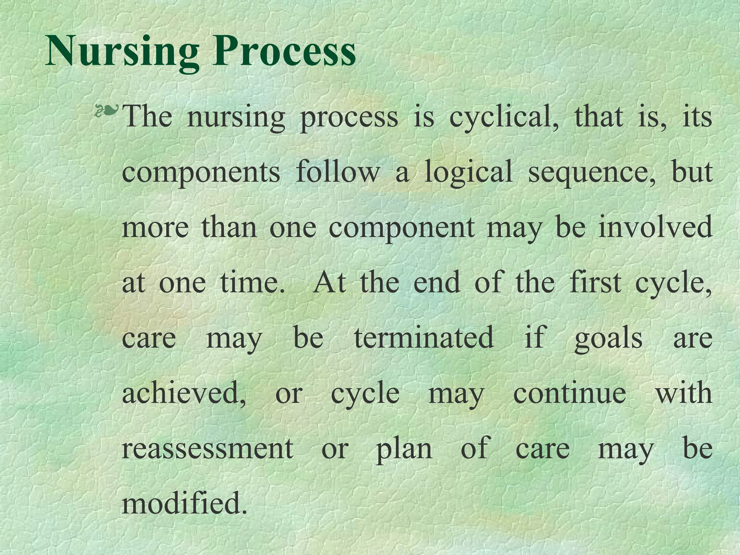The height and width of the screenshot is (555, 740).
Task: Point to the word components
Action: [201, 173]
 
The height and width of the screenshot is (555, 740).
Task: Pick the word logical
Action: [468, 173]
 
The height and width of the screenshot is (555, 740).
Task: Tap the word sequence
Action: [592, 173]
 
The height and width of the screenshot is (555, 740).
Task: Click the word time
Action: [252, 282]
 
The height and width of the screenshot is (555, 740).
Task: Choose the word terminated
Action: [424, 337]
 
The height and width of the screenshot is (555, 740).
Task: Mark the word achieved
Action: [184, 393]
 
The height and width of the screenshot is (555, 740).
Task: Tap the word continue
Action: [569, 393]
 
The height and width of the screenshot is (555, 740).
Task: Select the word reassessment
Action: [207, 448]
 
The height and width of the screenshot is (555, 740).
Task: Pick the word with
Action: [684, 393]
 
